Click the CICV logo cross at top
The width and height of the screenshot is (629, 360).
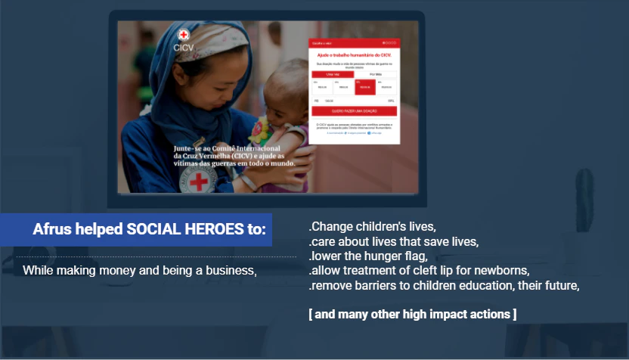(x=183, y=35)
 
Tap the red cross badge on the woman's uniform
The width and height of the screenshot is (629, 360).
(x=200, y=182)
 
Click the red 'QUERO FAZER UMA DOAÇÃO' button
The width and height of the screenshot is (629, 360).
(x=354, y=111)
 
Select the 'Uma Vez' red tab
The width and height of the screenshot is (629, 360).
(x=333, y=74)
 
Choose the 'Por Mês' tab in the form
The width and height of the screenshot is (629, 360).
(x=376, y=74)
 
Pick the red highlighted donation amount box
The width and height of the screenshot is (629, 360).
(x=365, y=86)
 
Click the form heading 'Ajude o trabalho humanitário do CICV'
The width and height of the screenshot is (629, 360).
(x=354, y=56)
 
